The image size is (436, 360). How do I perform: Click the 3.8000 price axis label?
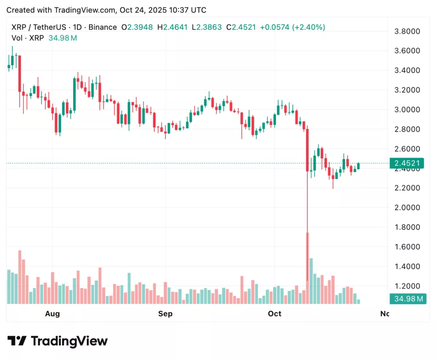point(407,31)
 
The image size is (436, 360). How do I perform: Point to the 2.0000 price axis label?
point(407,207)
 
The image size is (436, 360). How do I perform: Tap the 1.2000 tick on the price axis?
point(407,286)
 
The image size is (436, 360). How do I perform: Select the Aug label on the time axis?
point(52,314)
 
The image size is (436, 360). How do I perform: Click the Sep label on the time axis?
point(165,314)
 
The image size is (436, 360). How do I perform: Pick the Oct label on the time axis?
point(275,314)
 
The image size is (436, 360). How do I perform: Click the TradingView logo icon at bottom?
point(17,341)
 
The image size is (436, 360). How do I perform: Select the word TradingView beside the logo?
point(69,341)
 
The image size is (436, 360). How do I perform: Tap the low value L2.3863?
point(207,27)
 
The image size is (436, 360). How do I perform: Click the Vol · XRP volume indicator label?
point(26,38)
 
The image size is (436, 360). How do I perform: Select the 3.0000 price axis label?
point(407,109)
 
